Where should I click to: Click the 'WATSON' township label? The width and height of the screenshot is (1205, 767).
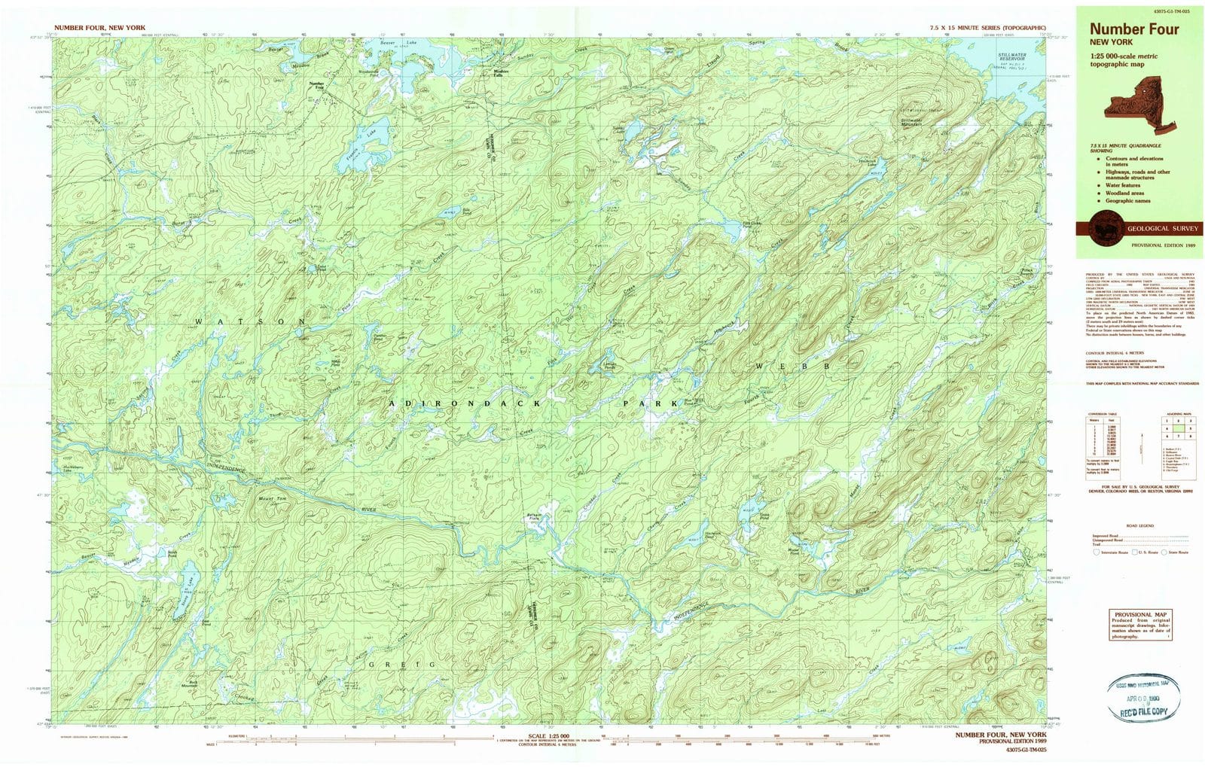coord(250,321)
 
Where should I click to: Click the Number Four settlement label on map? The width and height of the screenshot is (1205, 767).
coord(316,85)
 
